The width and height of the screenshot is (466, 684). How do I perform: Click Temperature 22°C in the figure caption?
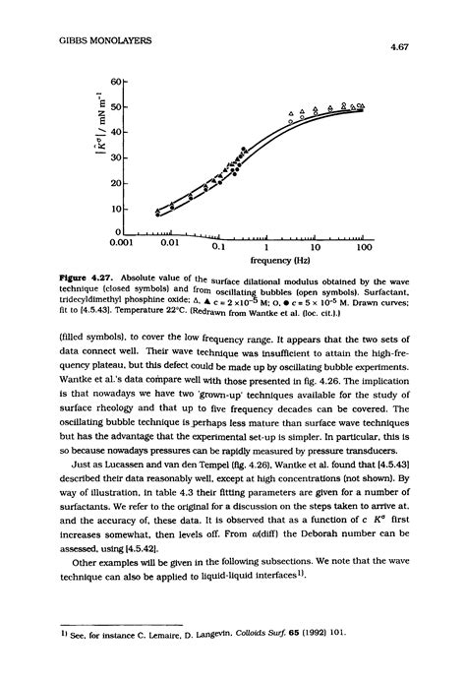(x=152, y=312)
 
